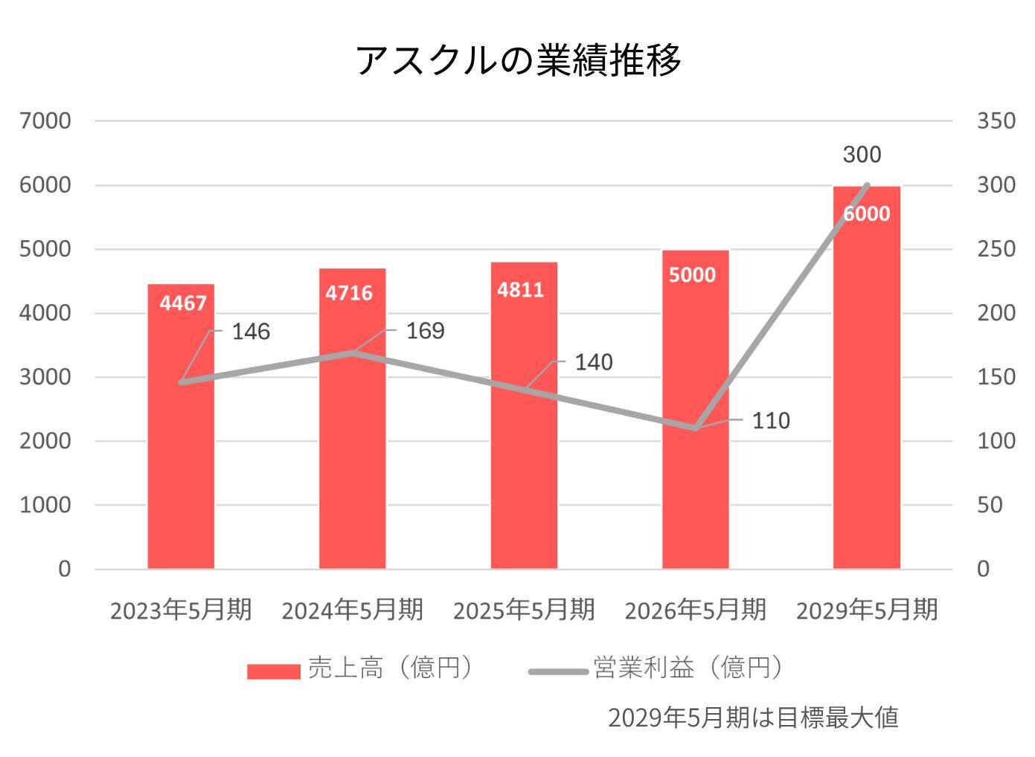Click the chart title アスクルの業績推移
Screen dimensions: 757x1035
tap(518, 59)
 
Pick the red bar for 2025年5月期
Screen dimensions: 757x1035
tap(524, 461)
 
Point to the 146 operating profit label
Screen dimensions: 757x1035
tap(251, 332)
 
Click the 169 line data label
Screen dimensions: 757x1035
tap(425, 331)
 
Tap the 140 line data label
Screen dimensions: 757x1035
tap(594, 363)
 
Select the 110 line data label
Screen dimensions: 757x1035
tap(771, 421)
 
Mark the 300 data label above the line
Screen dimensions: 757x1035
tap(862, 155)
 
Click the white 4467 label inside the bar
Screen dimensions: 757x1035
tap(183, 303)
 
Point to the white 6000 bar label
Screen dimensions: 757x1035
tap(867, 214)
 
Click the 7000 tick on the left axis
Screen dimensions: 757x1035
tap(45, 120)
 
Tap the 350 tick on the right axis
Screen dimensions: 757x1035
tap(996, 120)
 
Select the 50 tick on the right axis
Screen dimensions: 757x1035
tap(990, 505)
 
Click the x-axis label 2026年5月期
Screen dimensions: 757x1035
tap(695, 611)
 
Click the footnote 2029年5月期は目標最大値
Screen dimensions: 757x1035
tap(753, 718)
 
